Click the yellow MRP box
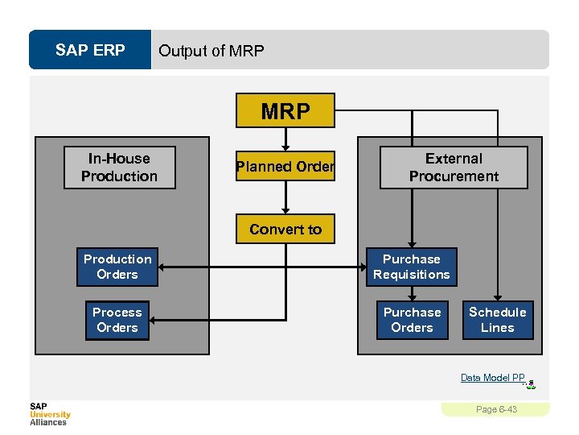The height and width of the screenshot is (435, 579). pos(285,111)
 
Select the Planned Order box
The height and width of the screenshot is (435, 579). pos(285,167)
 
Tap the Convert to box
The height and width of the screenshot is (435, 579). pos(285,230)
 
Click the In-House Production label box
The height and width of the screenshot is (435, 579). pos(119,168)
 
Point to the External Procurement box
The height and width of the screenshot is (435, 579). pos(454,168)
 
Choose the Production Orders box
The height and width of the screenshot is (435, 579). pos(117,267)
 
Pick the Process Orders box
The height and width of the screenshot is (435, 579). pos(117,320)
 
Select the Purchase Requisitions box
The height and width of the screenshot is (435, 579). pos(411,267)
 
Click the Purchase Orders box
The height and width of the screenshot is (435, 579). pos(412,320)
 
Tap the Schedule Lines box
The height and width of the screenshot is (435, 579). pos(497,320)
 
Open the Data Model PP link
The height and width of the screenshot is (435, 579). pos(492,378)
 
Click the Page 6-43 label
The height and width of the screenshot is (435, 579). pos(496,409)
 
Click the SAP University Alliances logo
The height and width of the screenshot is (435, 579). pos(50,413)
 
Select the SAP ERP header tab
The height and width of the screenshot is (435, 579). pos(90,51)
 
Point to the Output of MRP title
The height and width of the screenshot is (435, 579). pos(211,51)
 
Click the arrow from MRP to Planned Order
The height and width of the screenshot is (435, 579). pos(285,138)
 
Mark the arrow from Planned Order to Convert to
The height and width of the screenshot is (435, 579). pos(285,199)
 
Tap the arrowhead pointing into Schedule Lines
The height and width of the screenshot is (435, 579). pos(498,296)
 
